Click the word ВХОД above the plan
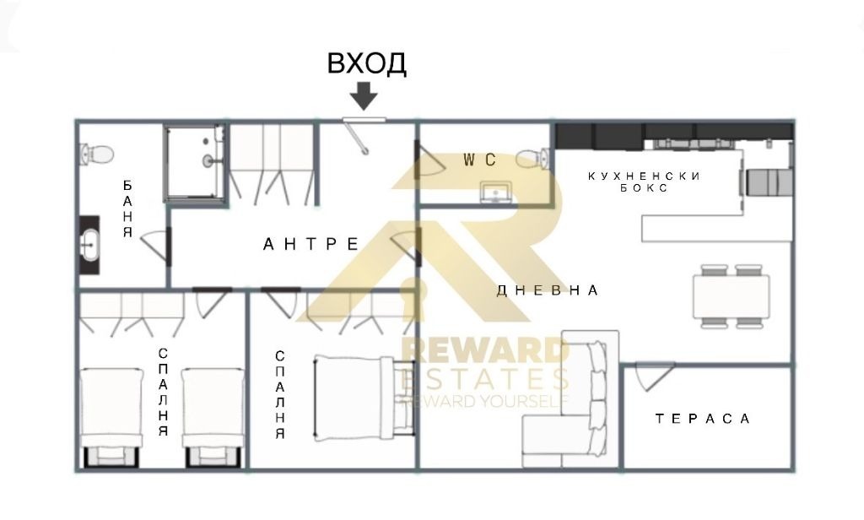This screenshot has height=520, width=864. (x=367, y=62)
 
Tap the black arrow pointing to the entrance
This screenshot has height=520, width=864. (x=364, y=96)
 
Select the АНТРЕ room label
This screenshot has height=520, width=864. (x=310, y=244)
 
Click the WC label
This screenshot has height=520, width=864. (x=479, y=160)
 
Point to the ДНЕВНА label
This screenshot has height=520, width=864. (x=547, y=290)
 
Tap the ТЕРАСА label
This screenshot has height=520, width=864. (x=703, y=419)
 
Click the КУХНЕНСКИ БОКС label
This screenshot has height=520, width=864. (x=644, y=182)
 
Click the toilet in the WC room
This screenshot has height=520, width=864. (x=532, y=159)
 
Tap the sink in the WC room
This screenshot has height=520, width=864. (x=496, y=192)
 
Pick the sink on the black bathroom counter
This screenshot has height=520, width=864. (x=89, y=245)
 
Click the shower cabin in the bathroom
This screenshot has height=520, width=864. (x=195, y=163)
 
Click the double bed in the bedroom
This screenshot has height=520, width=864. (x=364, y=398)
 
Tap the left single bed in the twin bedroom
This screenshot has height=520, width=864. (x=112, y=417)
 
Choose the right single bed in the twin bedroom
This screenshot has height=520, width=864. (x=213, y=417)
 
